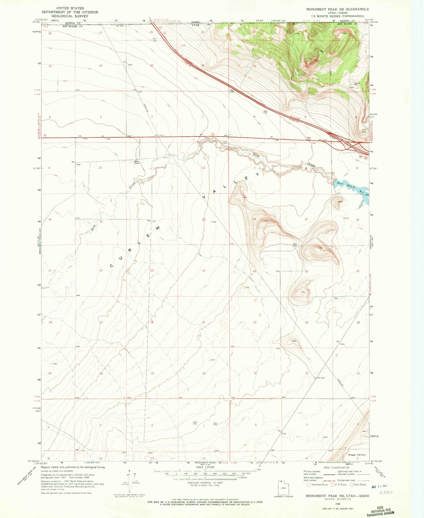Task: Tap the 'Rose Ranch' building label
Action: click(x=137, y=162)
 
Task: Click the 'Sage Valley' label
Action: click(x=357, y=455)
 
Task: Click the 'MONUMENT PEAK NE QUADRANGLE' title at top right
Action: click(x=337, y=9)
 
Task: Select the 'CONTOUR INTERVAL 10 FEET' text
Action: click(x=205, y=483)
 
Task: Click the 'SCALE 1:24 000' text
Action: click(x=205, y=467)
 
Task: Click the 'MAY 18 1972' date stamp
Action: click(x=379, y=486)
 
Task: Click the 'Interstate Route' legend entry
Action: click(x=317, y=485)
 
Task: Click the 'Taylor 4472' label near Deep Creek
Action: click(x=225, y=142)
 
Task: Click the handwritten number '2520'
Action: click(x=386, y=492)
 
